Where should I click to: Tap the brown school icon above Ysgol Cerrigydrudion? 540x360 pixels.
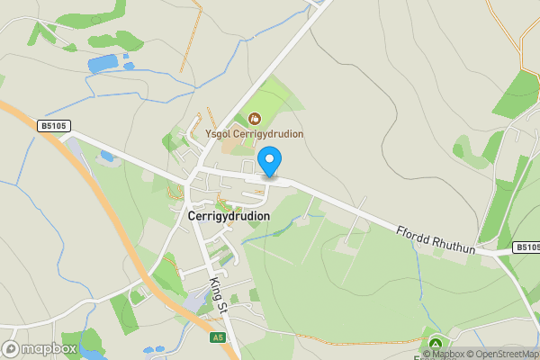(x=254, y=118)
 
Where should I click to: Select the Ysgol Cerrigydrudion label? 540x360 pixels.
(x=255, y=134)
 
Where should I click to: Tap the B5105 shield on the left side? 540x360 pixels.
(x=54, y=127)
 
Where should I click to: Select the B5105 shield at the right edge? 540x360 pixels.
(x=526, y=247)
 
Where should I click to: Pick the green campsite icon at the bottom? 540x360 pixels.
(x=436, y=344)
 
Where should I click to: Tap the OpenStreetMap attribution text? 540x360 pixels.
(x=499, y=354)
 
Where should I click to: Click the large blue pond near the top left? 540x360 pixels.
(x=103, y=64)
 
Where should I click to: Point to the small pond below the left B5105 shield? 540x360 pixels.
(x=108, y=156)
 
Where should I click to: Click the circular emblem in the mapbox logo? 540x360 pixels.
(x=12, y=348)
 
